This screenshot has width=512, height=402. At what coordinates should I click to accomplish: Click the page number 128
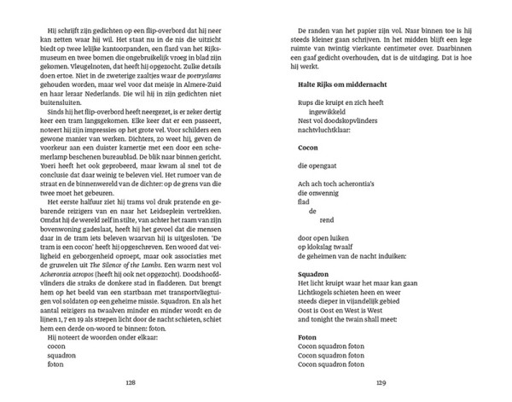[130, 381]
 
